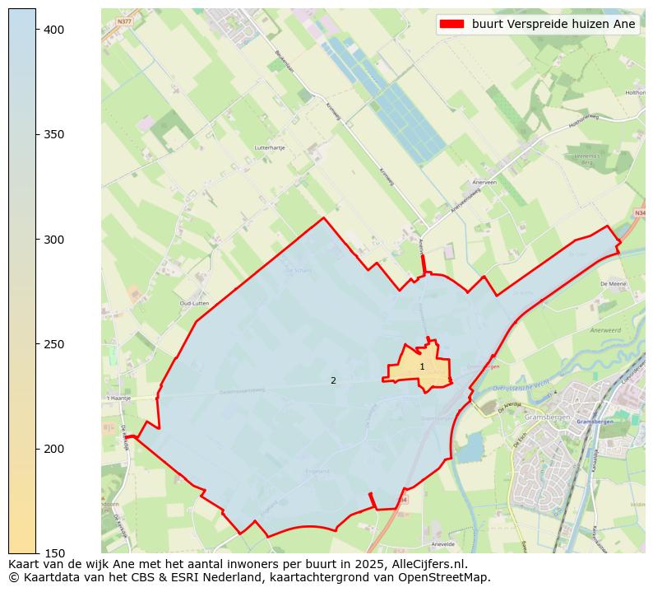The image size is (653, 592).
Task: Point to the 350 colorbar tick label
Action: pos(54,134)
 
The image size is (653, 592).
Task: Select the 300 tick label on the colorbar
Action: pos(54,240)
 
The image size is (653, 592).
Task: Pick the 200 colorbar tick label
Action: pos(54,449)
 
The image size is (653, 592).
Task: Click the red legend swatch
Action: pos(452,25)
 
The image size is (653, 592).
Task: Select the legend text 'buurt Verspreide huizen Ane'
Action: pos(553,25)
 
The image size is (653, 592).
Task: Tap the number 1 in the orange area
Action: pos(422,366)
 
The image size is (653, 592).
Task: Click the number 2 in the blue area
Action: pos(333,380)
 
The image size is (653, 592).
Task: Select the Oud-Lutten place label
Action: pos(194,303)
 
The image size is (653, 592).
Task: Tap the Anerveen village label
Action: pos(485,183)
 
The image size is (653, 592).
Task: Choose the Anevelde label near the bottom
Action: pos(442,544)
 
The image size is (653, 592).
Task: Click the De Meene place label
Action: pos(614,283)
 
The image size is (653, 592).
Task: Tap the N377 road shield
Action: pos(124,21)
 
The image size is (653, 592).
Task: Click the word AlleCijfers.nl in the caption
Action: pos(424,565)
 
